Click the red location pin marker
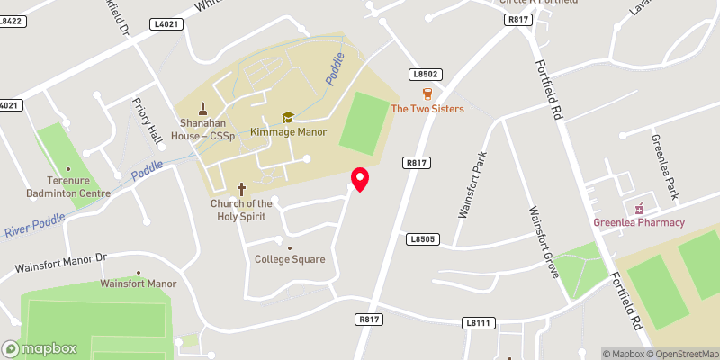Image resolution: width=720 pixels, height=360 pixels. [360, 178]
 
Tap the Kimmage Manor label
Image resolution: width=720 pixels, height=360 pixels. [289, 132]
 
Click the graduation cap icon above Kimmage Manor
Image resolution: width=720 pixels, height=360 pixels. [288, 117]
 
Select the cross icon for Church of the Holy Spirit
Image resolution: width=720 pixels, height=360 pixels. [241, 189]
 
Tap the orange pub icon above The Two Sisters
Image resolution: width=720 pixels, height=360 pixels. [427, 93]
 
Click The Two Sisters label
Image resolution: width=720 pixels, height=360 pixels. [427, 109]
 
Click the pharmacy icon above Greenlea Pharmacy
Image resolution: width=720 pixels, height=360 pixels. [641, 208]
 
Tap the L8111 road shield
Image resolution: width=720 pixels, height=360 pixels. [478, 322]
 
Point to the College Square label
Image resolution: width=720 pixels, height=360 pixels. [289, 259]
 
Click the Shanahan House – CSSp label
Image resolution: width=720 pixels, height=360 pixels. [204, 130]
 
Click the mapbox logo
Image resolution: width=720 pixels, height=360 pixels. [40, 348]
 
